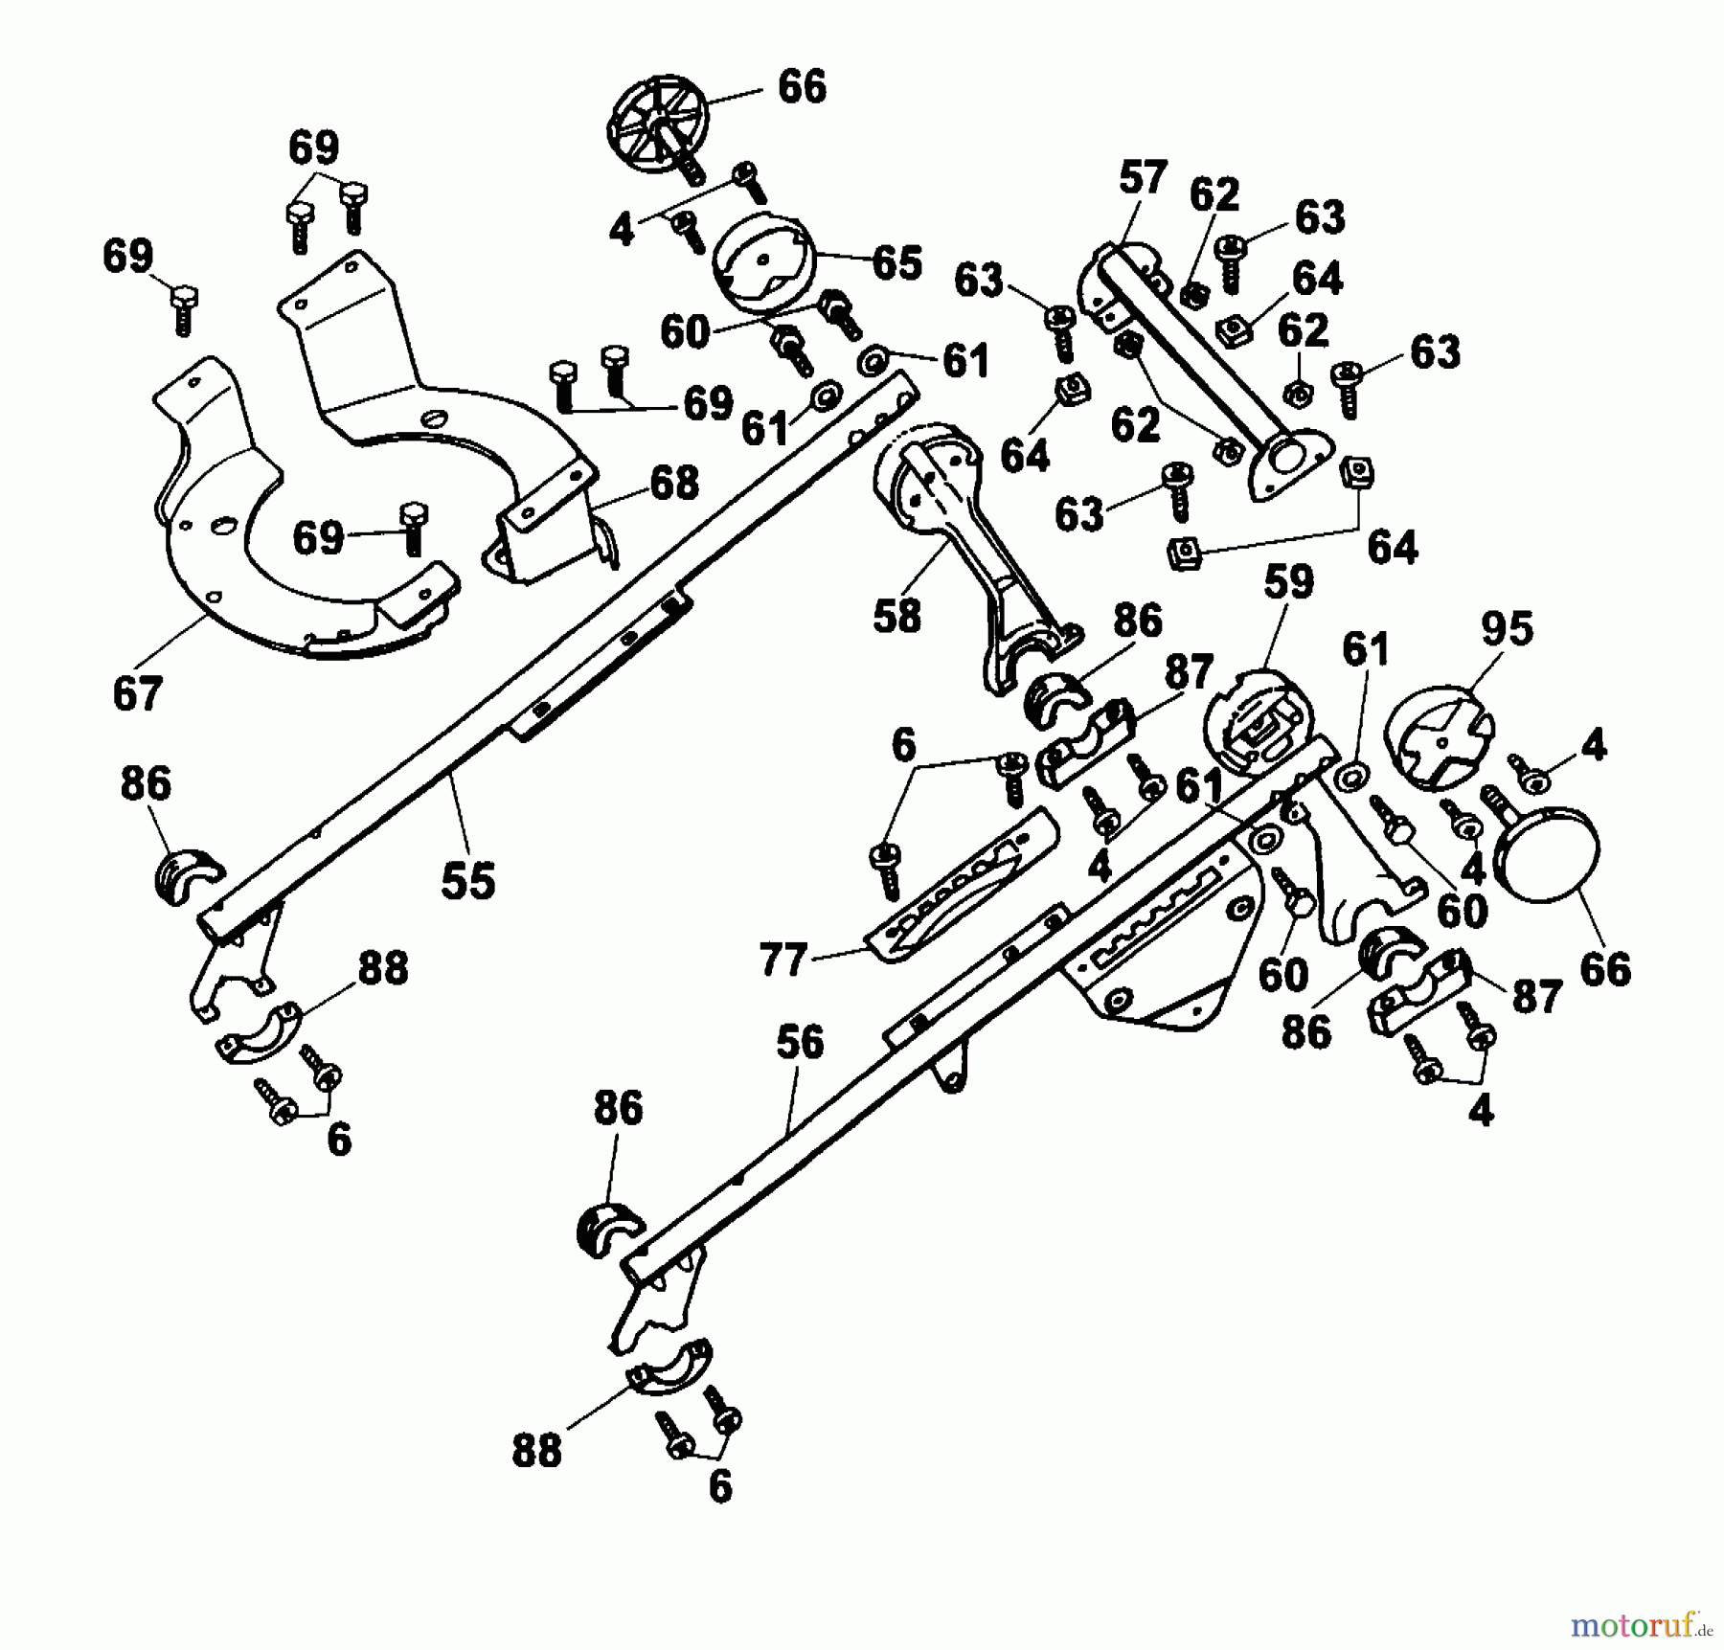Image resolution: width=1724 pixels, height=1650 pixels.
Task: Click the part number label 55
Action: (x=468, y=880)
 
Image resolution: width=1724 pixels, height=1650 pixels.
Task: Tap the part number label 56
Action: (x=800, y=1042)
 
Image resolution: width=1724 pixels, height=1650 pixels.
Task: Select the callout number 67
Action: (x=138, y=692)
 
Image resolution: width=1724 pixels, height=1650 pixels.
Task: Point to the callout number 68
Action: (x=674, y=483)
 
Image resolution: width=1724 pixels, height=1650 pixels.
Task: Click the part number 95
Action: (x=1508, y=628)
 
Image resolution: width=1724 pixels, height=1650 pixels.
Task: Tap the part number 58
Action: (x=897, y=615)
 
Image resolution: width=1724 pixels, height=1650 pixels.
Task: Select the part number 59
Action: (x=1289, y=581)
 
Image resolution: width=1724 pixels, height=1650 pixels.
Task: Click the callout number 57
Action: (x=1144, y=178)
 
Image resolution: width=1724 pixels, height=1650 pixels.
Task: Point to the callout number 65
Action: (x=897, y=262)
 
